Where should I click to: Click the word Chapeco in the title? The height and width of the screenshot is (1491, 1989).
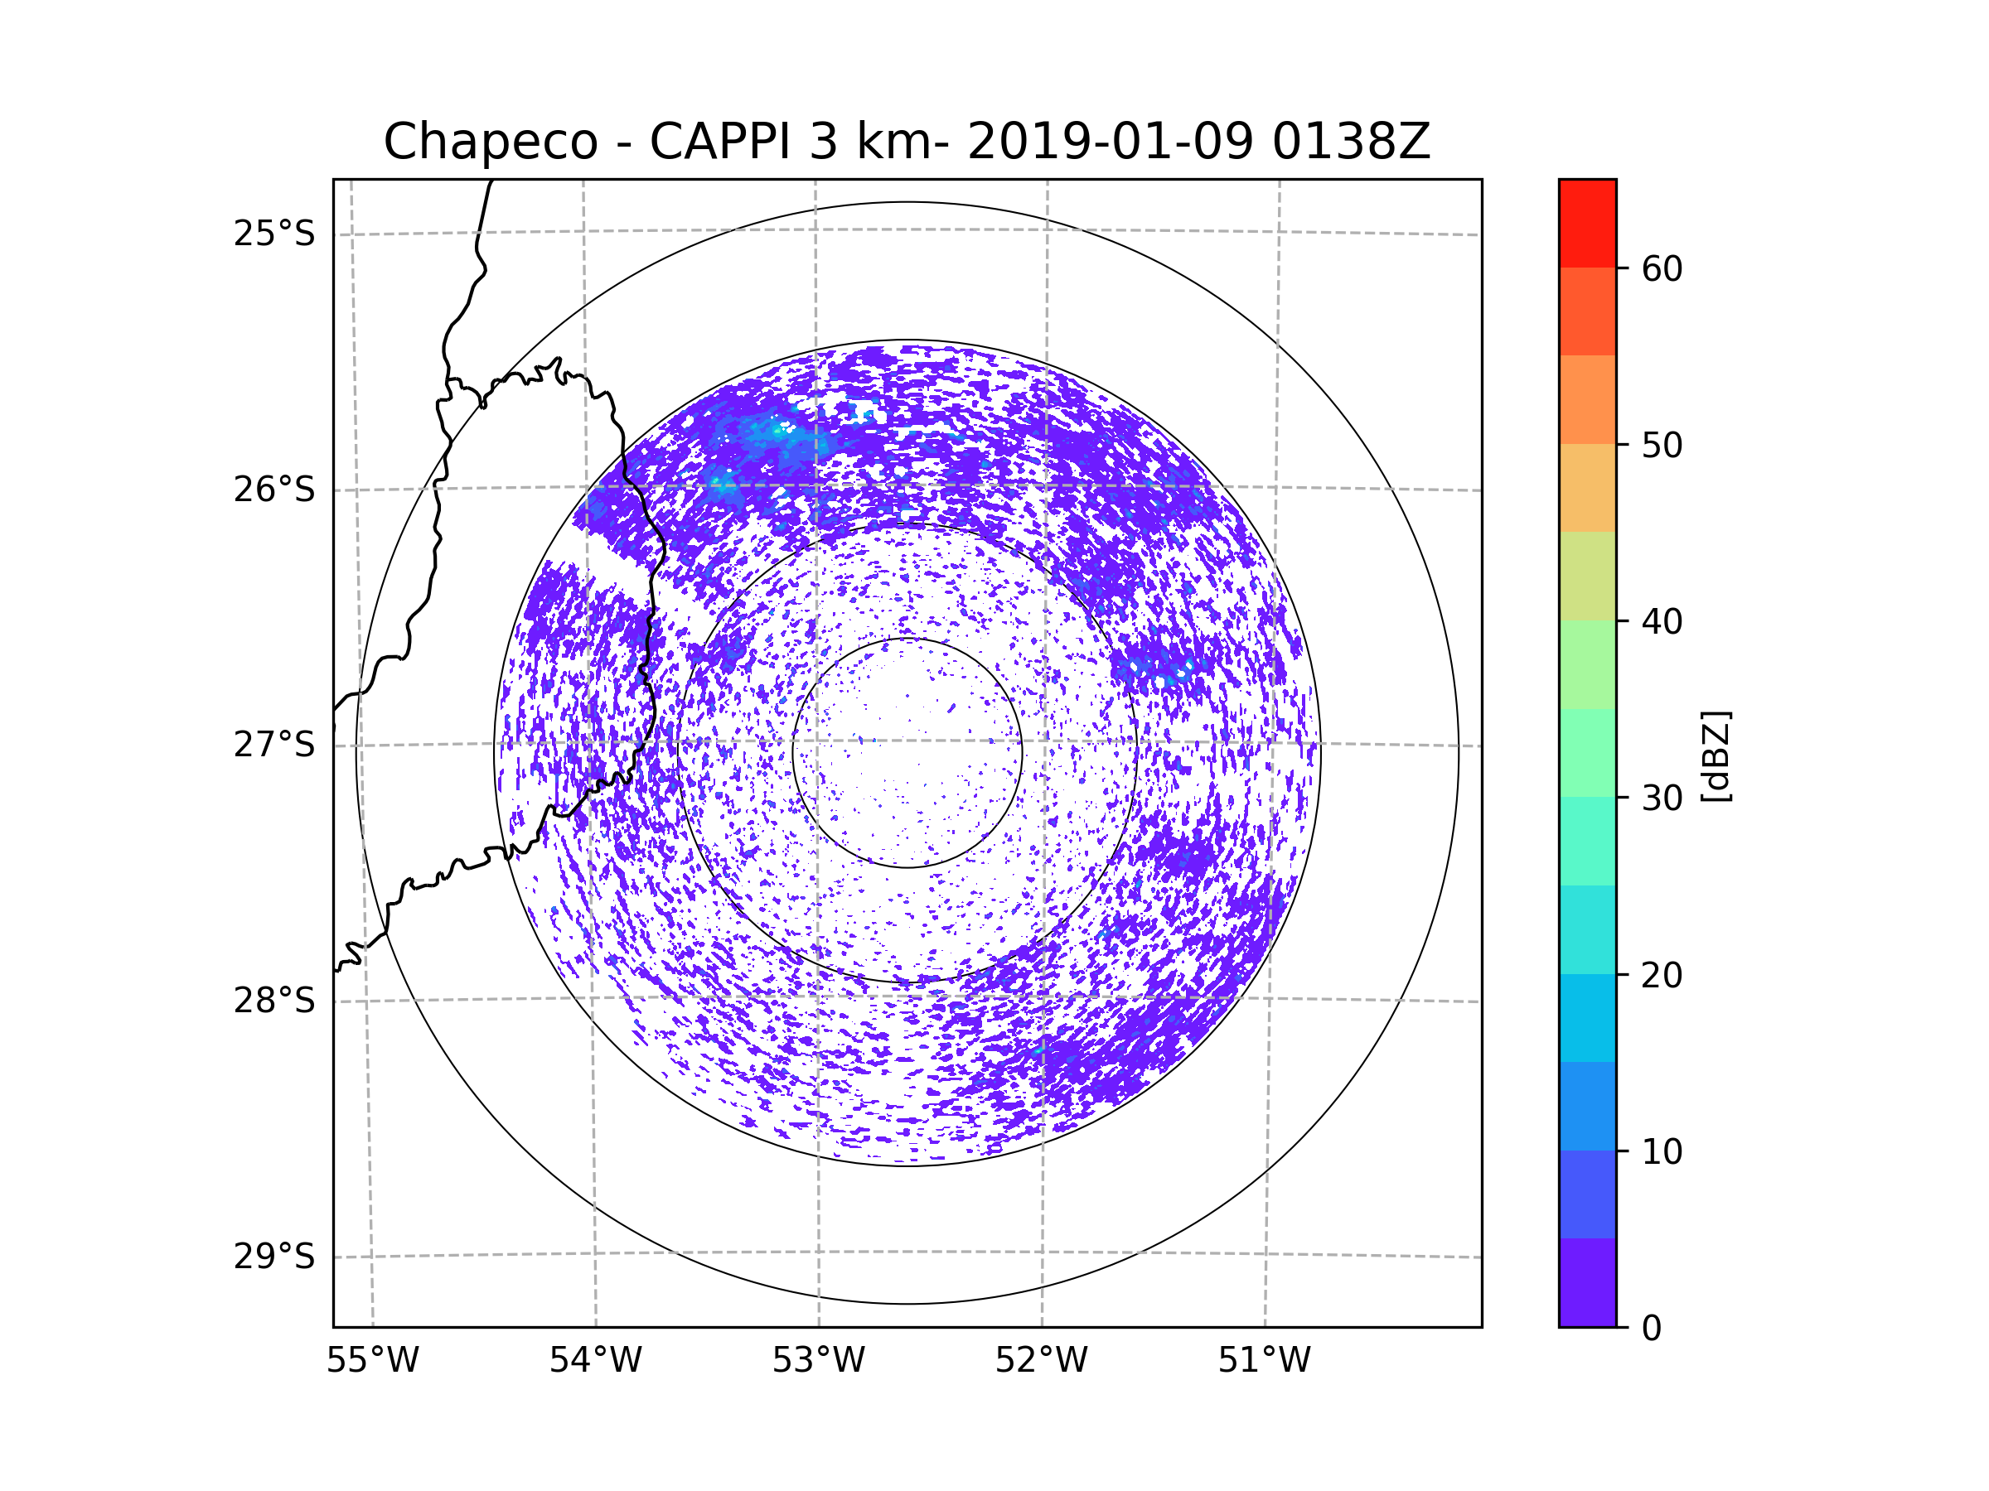[x=490, y=142]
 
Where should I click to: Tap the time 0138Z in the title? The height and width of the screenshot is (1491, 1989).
[x=1351, y=142]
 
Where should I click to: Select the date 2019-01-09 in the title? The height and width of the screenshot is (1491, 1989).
[x=1110, y=142]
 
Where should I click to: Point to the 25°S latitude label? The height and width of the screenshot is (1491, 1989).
[x=274, y=234]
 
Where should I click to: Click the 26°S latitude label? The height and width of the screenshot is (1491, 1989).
[x=274, y=490]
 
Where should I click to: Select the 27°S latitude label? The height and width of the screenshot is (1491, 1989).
[x=274, y=745]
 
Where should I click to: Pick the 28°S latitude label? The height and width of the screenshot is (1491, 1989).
[x=274, y=1001]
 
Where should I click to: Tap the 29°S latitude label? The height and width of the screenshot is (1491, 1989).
[x=274, y=1257]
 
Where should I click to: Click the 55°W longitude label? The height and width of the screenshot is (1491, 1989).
[x=372, y=1361]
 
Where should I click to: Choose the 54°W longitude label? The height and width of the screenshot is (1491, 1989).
[x=595, y=1361]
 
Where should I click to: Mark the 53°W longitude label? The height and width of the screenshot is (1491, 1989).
[x=818, y=1361]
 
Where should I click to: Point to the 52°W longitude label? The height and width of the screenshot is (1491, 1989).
[x=1041, y=1361]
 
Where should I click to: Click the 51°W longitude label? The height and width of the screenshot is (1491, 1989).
[x=1264, y=1361]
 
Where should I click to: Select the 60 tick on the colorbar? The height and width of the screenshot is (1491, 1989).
[x=1662, y=268]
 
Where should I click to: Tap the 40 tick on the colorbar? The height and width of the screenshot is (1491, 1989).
[x=1662, y=621]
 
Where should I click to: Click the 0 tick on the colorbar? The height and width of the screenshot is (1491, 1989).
[x=1652, y=1329]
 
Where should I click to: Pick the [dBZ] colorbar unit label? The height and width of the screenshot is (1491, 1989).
[x=1716, y=755]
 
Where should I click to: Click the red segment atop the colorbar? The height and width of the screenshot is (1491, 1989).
[x=1587, y=223]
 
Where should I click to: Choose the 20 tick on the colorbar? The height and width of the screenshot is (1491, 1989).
[x=1662, y=975]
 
